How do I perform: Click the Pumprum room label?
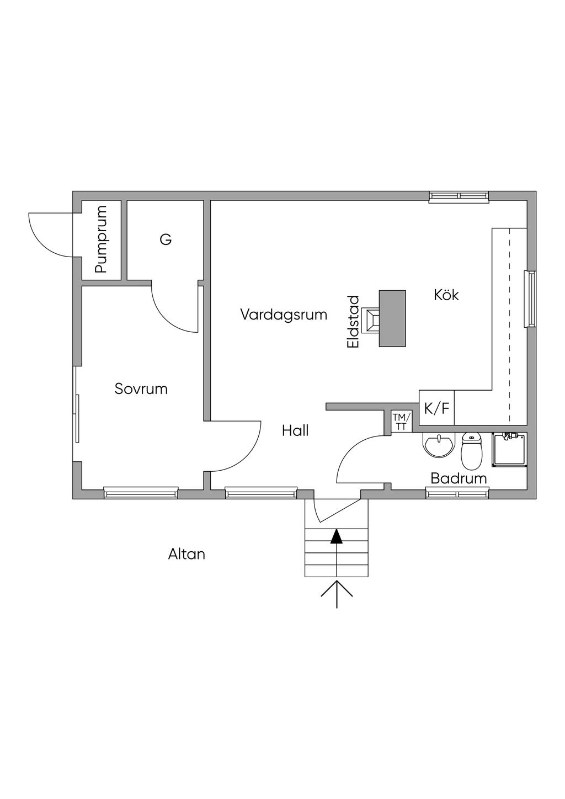[100, 239]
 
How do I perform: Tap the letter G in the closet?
[166, 240]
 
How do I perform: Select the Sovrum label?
[141, 389]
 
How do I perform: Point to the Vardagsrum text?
[284, 315]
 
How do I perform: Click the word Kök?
[446, 295]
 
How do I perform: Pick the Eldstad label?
[354, 322]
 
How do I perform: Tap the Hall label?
[295, 431]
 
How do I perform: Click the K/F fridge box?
[436, 408]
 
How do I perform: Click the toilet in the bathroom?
[471, 451]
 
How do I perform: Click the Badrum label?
[459, 478]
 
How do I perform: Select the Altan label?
[186, 554]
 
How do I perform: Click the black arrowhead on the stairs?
[336, 536]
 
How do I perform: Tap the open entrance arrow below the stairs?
[337, 593]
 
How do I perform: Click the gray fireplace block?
[392, 318]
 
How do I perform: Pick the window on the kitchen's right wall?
[531, 299]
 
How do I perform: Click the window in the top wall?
[459, 196]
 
